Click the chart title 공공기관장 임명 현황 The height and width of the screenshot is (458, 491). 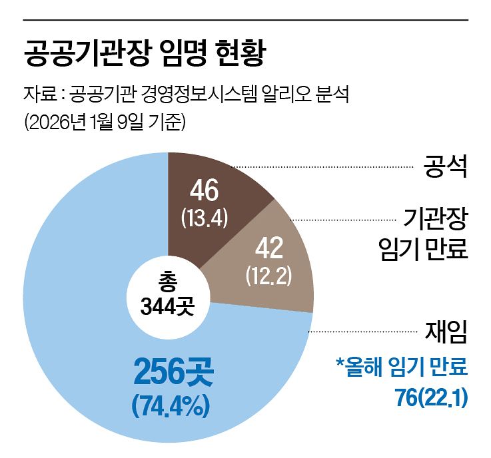click(145, 54)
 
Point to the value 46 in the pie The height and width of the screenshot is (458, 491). click(204, 190)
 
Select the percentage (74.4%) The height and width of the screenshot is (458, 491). click(173, 403)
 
